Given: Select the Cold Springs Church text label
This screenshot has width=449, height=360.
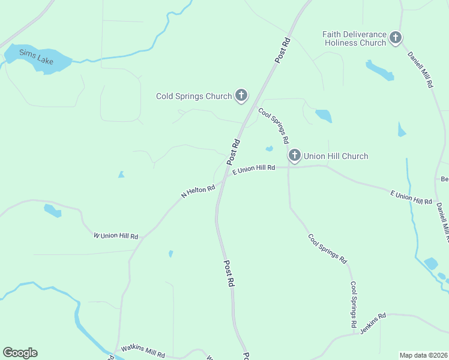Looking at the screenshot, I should [194, 96].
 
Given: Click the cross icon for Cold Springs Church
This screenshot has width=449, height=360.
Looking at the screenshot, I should [241, 95].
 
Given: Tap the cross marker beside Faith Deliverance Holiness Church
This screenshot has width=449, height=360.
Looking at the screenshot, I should [396, 38].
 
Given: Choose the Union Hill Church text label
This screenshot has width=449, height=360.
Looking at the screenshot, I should [336, 156].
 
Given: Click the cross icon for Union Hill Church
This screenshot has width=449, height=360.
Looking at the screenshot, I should [294, 156].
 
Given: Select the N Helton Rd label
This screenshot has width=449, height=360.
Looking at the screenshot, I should [198, 192].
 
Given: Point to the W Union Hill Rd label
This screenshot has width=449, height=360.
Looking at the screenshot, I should [116, 236].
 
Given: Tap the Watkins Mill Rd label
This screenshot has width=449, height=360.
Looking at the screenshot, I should [143, 351].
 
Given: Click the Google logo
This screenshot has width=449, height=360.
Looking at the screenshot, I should [20, 353].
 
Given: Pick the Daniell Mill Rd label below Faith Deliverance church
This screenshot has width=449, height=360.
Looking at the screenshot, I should [420, 70].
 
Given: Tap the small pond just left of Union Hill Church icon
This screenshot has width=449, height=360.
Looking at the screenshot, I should [269, 148].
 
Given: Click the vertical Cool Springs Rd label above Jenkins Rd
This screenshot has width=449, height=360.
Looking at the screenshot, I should [354, 304].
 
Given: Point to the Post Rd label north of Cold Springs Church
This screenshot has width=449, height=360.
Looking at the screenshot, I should [283, 49].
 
